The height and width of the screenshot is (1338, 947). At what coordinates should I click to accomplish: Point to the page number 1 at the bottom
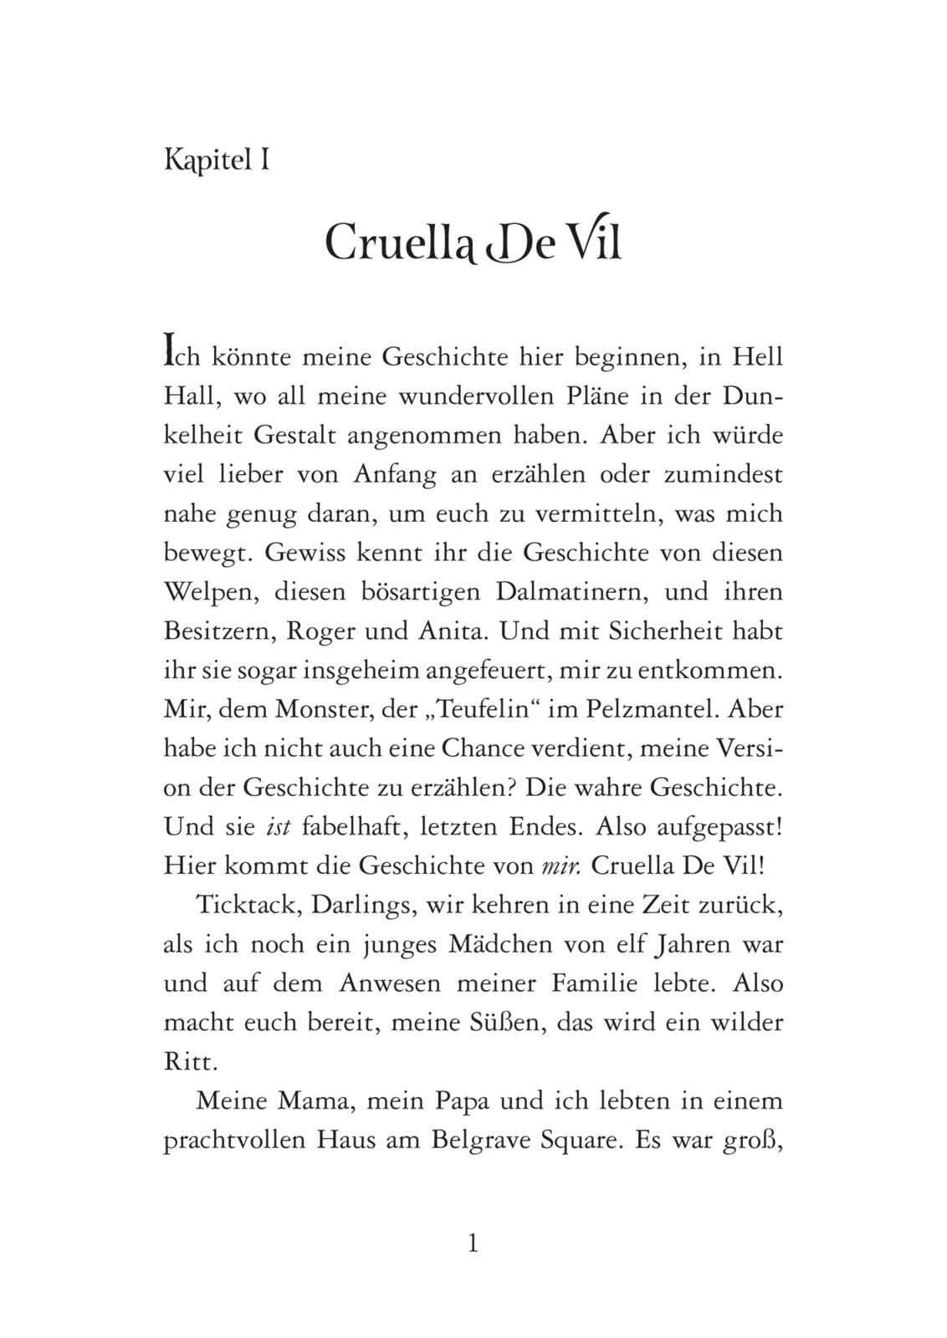pyautogui.click(x=473, y=1244)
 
